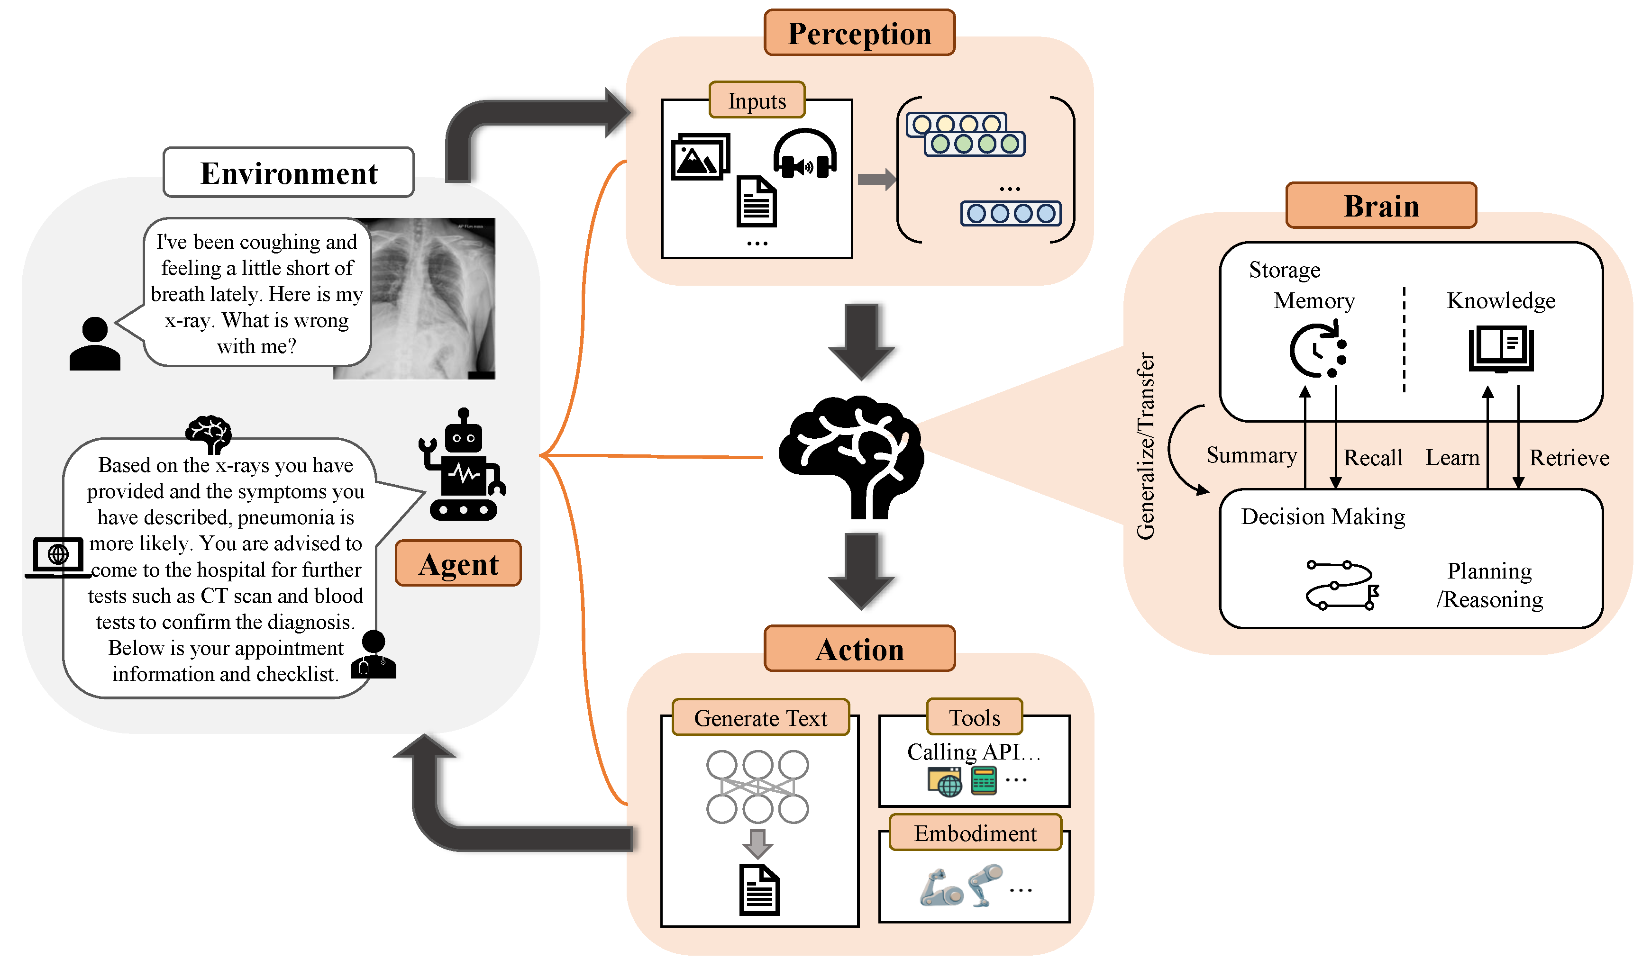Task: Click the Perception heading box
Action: click(859, 33)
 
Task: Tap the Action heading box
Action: click(859, 649)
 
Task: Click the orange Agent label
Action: click(458, 564)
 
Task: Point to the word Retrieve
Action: click(1569, 458)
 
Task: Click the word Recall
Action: click(1373, 458)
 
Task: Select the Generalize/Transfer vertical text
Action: click(1145, 446)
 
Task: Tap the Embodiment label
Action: click(975, 833)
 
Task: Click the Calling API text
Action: click(973, 752)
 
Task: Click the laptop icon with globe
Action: click(58, 557)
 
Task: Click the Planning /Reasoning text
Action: click(1489, 585)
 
